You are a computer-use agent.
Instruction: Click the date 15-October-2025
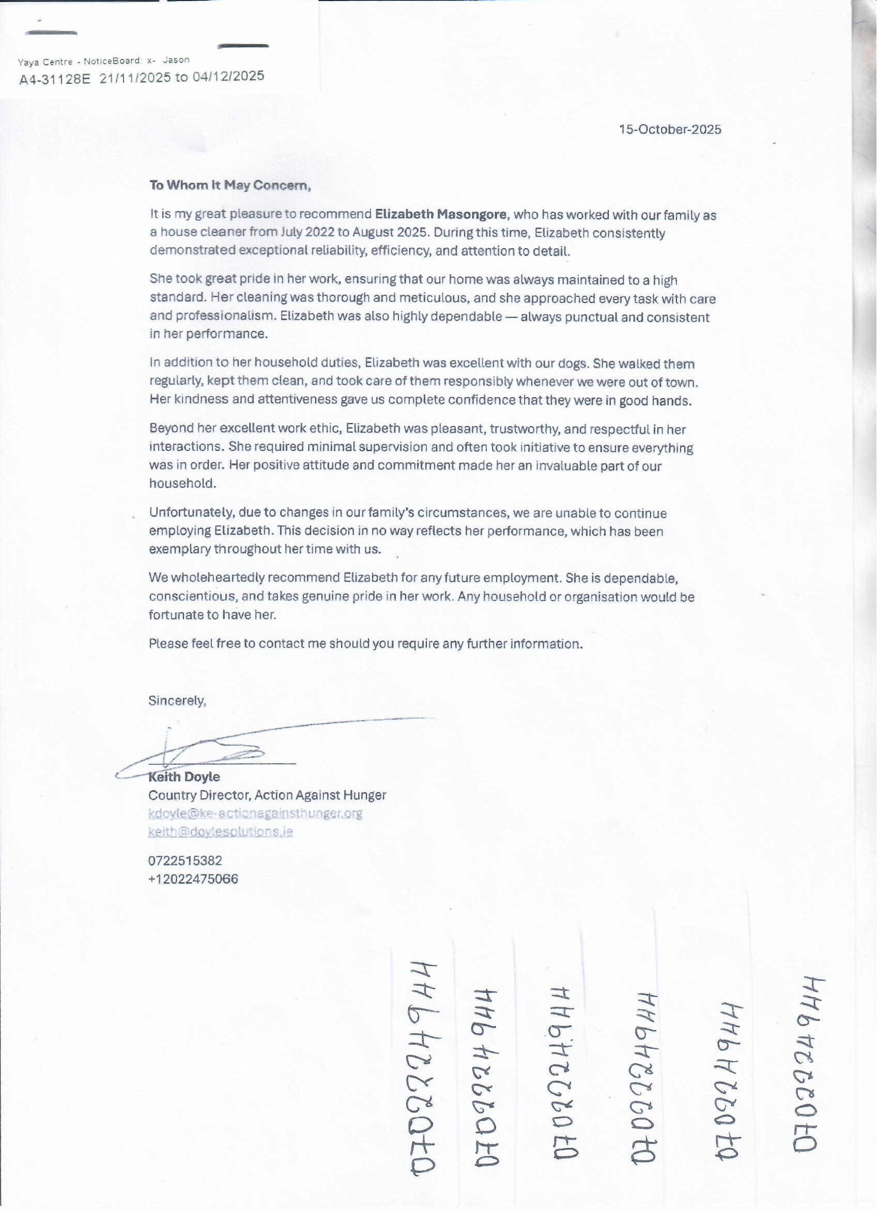coord(670,129)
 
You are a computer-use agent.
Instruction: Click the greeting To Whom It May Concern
coord(229,185)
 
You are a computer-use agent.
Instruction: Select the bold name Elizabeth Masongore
coord(441,214)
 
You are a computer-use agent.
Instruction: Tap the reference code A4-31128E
coord(55,80)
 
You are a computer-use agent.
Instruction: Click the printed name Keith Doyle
coord(184,777)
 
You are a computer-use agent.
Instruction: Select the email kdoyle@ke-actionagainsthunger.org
coord(255,813)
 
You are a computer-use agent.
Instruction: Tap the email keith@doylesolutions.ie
coord(221,832)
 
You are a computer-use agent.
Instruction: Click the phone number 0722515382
coord(185,861)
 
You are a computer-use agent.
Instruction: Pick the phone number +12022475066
coord(193,879)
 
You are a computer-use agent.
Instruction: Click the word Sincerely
coord(177,701)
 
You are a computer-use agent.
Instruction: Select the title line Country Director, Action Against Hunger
coord(267,795)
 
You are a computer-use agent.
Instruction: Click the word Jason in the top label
coord(176,60)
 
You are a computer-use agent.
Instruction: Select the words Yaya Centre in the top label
coord(45,62)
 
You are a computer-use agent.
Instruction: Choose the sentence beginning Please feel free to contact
coord(365,644)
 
